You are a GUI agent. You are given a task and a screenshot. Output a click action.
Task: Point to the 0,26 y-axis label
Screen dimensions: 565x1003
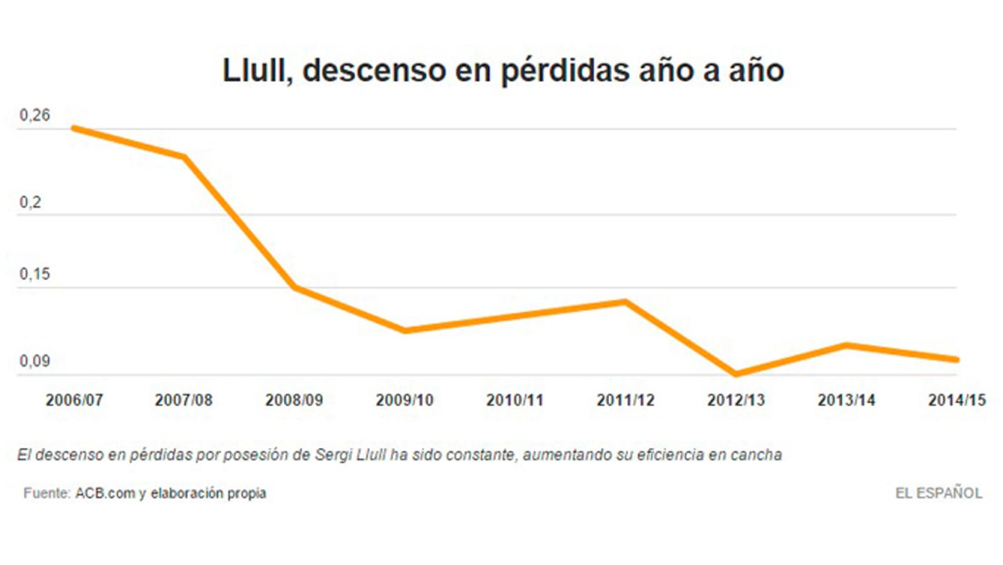coord(35,115)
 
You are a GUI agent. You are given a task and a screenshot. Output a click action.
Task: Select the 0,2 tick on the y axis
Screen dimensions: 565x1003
coord(31,202)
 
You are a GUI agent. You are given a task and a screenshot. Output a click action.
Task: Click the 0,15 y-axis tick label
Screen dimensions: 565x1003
coord(35,274)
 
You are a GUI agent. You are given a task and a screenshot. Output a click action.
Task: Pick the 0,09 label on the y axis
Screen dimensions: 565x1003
coord(35,361)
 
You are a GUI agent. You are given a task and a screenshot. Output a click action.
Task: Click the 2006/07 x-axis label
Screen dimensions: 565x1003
coord(75,400)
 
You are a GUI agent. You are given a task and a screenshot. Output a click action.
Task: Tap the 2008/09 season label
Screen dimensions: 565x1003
coord(294,400)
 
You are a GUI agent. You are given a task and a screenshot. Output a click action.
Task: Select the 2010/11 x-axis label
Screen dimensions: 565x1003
coord(514,400)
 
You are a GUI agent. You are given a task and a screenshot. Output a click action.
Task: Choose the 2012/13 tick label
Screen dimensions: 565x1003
coord(735,400)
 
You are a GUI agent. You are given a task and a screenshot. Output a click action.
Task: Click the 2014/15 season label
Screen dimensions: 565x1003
coord(957,400)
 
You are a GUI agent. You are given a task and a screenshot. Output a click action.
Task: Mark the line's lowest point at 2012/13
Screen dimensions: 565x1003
coord(735,373)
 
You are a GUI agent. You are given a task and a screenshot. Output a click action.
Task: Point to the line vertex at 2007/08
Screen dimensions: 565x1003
coord(184,157)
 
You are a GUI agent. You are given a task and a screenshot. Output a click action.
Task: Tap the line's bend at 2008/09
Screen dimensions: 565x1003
coord(295,288)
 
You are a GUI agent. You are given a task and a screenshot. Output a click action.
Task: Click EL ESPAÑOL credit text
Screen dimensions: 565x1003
coord(938,493)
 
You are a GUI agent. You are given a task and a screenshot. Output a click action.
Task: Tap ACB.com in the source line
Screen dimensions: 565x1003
coord(105,493)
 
